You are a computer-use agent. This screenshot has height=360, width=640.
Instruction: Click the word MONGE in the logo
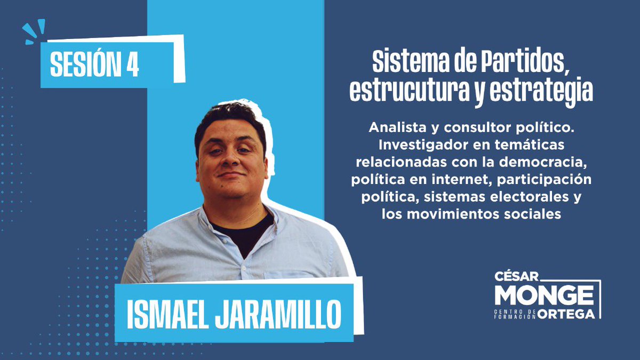pos(544,295)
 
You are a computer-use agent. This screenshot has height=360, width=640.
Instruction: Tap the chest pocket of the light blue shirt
pos(291,275)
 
